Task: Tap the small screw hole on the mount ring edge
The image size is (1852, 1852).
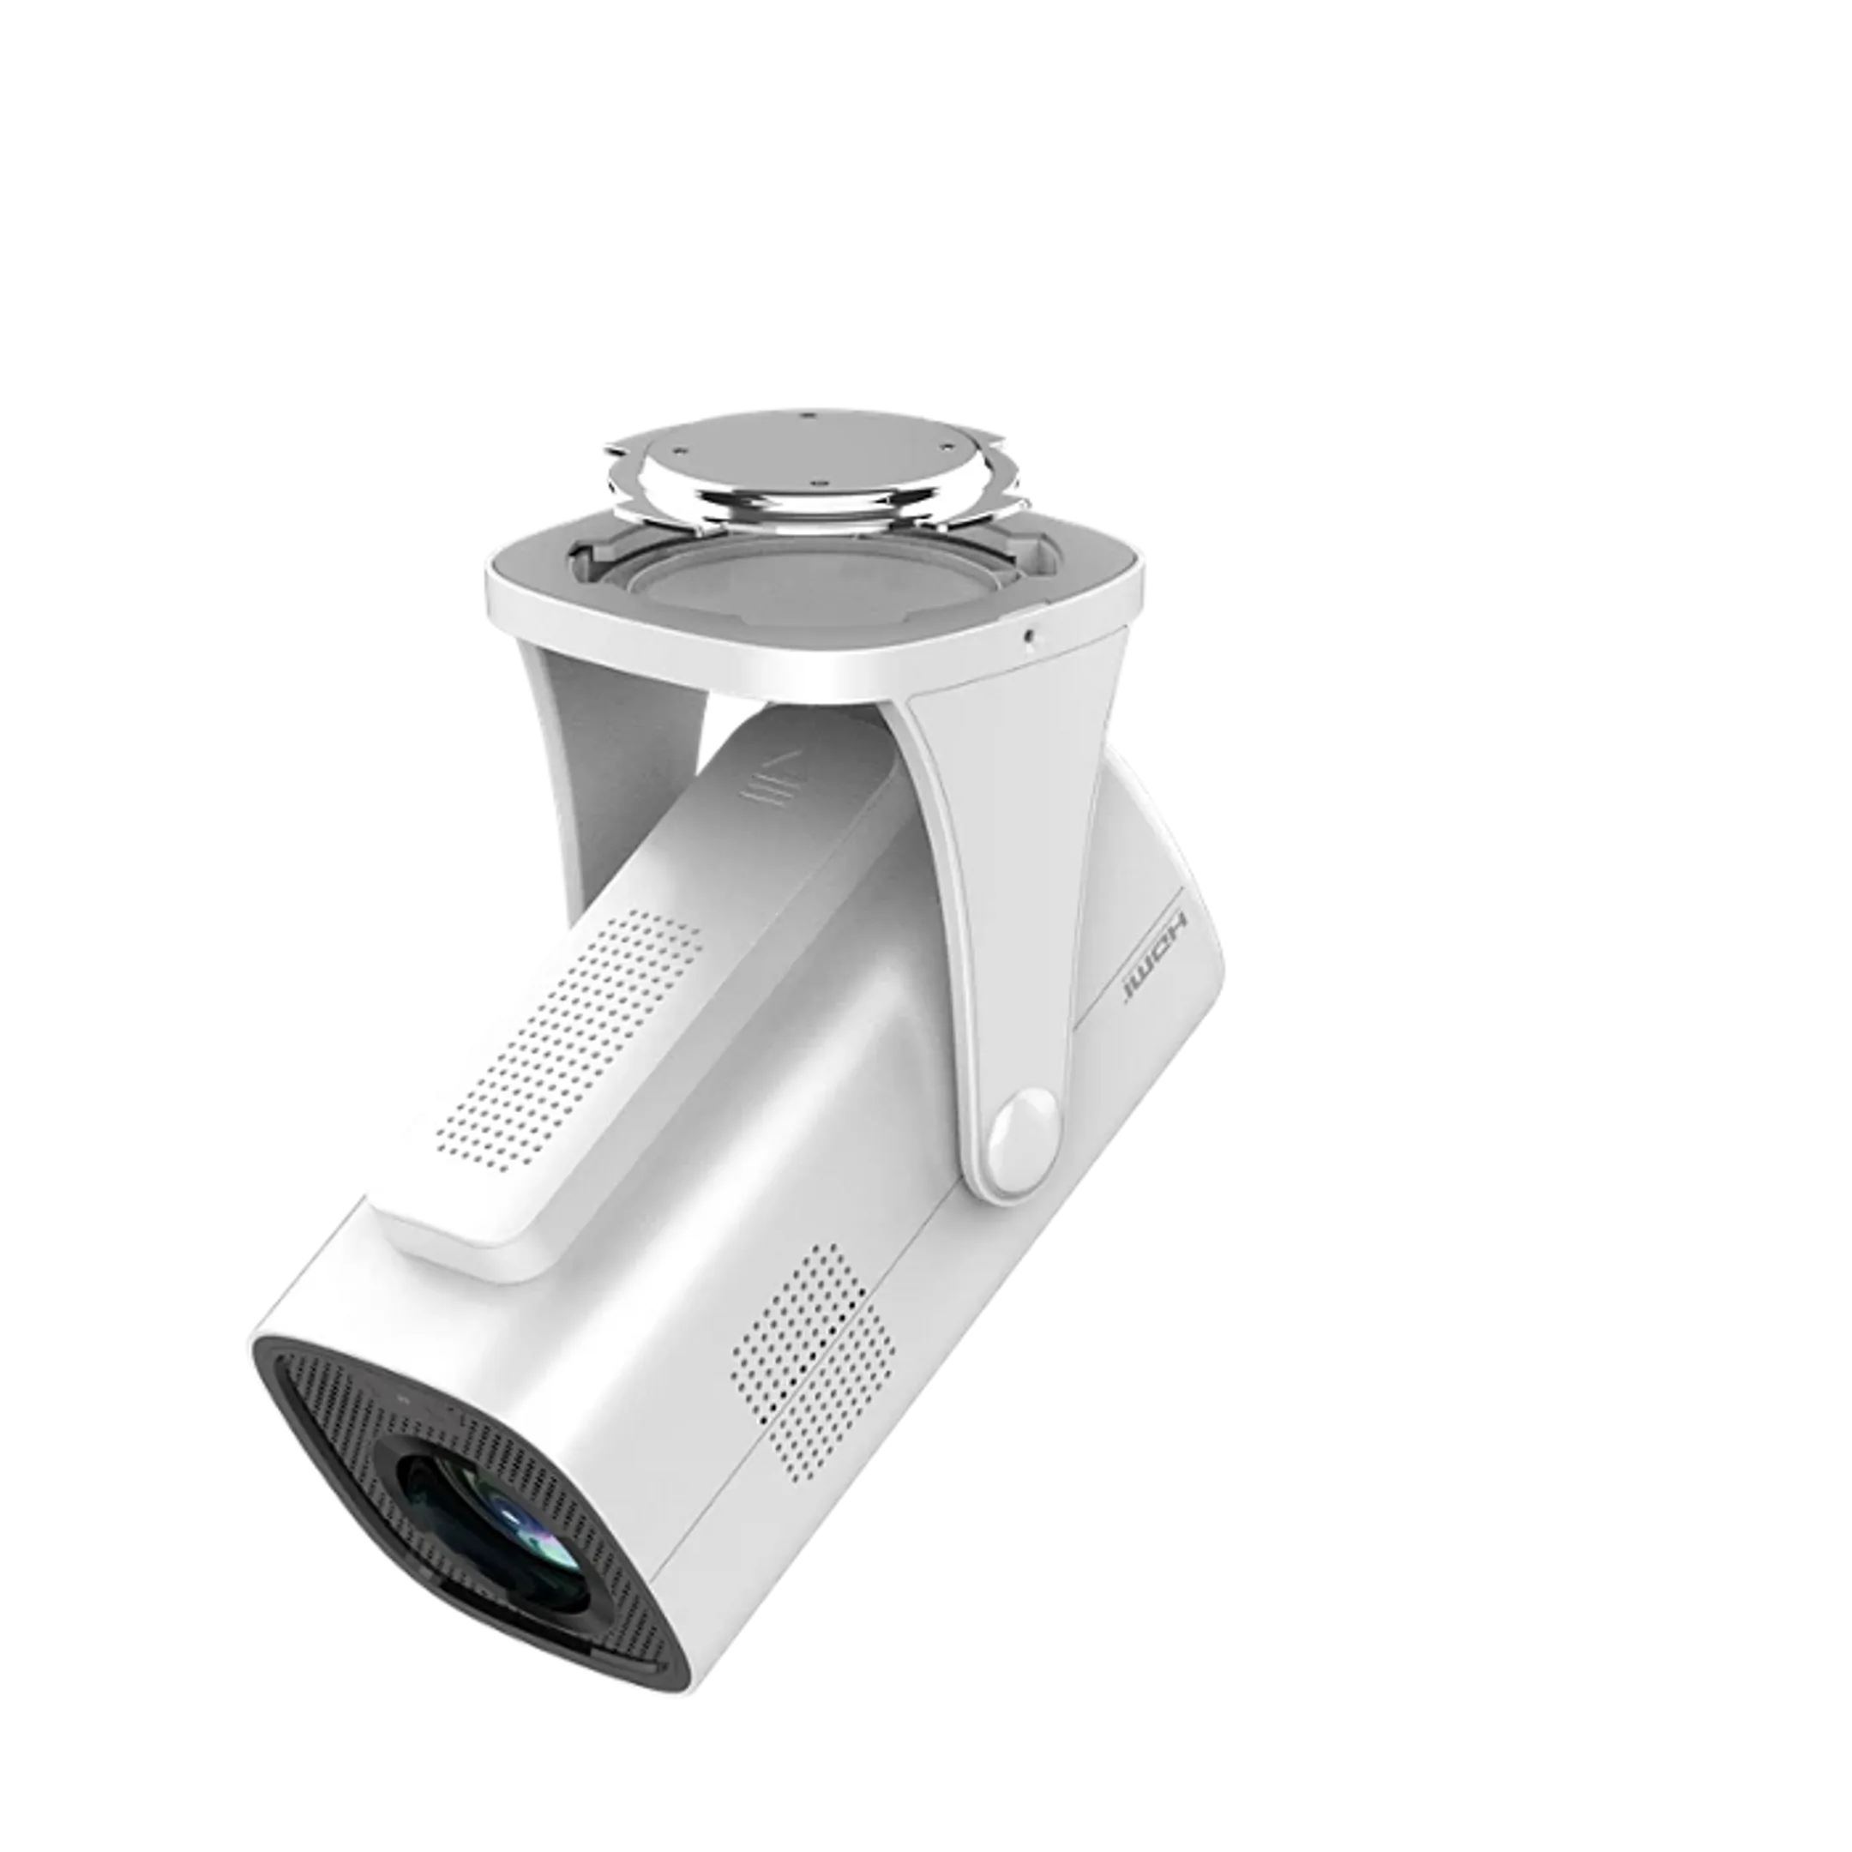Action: [1028, 634]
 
